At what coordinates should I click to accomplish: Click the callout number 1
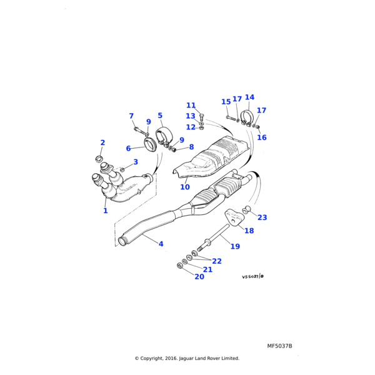click(106, 211)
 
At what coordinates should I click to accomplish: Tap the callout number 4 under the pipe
click(161, 244)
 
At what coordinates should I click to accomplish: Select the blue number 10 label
click(185, 187)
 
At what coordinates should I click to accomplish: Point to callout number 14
click(249, 97)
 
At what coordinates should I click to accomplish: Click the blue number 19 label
click(235, 246)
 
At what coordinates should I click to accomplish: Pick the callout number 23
click(262, 217)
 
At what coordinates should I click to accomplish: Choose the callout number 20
click(199, 276)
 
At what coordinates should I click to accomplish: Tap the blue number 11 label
click(191, 106)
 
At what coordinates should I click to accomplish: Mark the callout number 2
click(102, 143)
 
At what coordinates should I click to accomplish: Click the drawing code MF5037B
click(279, 346)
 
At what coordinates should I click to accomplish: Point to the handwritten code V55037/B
click(253, 276)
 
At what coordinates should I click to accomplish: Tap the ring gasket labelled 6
click(151, 146)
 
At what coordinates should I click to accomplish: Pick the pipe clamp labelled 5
click(164, 135)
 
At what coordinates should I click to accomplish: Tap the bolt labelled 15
click(229, 117)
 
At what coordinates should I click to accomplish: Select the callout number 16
click(262, 137)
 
